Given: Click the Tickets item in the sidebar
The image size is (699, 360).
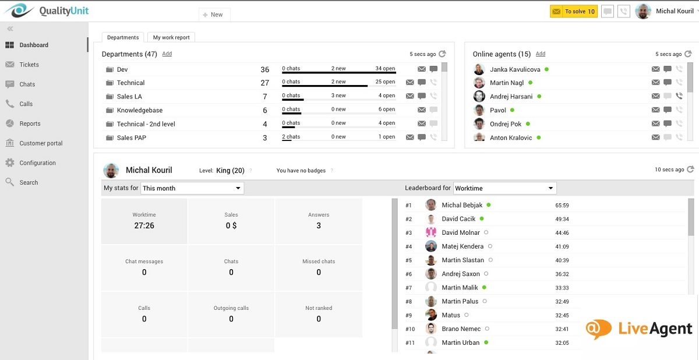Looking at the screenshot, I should coord(29,65).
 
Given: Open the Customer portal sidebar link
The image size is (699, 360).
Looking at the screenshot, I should coord(41,143).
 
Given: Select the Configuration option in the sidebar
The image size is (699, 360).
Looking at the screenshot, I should coord(37,163).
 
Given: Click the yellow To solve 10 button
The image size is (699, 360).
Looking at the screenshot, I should coord(573,12).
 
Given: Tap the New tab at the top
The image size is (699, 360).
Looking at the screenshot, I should coord(214,15).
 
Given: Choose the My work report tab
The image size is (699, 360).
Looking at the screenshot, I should coord(171,37).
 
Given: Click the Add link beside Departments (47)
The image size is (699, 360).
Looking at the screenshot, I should coord(167,54).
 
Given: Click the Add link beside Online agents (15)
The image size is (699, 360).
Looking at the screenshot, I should coord(541,54).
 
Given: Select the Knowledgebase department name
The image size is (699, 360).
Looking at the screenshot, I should coord(139,110).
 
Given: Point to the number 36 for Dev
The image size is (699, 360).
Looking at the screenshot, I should coord(265,69).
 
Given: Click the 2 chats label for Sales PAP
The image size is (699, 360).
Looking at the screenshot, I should coord(291,137).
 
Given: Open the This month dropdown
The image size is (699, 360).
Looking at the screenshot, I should coord(192,188).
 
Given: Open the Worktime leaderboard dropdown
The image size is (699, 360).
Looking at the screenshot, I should coord(504,188).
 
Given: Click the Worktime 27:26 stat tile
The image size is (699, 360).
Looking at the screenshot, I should coord(144,221).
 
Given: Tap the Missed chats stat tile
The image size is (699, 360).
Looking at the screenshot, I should coord(319,267).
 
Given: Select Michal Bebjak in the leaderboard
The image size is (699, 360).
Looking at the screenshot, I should coord(462,205).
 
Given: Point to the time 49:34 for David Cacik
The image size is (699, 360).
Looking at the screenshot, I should coord(562,219).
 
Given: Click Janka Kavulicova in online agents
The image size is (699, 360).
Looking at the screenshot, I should coord(515,69).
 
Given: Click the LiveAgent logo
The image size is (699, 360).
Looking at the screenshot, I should coord(639,329).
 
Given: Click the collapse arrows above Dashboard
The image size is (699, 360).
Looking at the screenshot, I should coord(10,29).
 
